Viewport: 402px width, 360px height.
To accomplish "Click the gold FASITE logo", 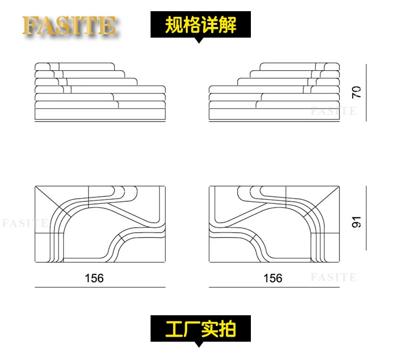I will (x=70, y=25).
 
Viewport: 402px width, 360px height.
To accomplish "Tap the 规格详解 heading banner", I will (x=200, y=25).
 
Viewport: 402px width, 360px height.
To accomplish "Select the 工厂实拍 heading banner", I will (x=200, y=328).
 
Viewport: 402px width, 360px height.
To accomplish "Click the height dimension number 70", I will (x=356, y=92).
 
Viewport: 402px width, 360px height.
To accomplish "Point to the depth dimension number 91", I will (x=356, y=222).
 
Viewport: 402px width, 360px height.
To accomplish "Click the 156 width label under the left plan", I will (x=94, y=278).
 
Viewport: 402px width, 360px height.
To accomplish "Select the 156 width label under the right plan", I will (x=273, y=278).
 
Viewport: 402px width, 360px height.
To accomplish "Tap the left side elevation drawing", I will (x=100, y=92).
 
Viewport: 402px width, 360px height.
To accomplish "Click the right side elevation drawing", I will (x=275, y=92).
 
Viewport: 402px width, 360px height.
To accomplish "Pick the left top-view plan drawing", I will (x=100, y=224).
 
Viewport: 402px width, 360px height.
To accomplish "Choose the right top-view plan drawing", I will (x=275, y=224).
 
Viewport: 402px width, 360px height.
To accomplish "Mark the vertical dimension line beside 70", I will (x=366, y=92).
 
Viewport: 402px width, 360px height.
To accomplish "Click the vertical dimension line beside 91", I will (x=366, y=218).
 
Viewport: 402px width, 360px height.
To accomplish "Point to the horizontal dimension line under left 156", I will (x=100, y=287).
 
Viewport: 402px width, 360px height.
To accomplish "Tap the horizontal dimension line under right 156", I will (x=275, y=287).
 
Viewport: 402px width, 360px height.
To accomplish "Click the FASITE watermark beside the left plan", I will (x=24, y=223).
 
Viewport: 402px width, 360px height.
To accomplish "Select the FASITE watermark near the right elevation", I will (x=333, y=111).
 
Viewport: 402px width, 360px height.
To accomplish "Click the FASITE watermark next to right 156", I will (x=333, y=278).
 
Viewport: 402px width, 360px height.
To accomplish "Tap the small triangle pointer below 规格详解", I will (x=200, y=40).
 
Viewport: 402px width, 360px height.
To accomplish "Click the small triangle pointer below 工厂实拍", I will (x=200, y=344).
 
